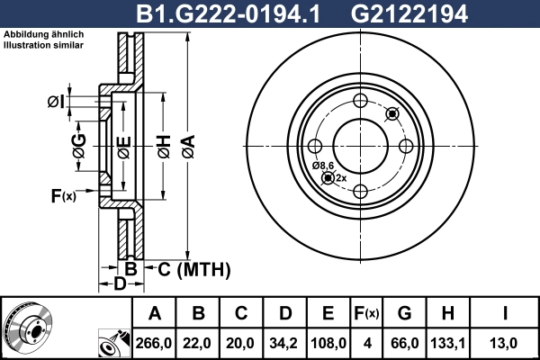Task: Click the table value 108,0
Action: pyautogui.click(x=328, y=342)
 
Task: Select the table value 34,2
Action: pyautogui.click(x=284, y=342)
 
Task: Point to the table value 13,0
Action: pyautogui.click(x=506, y=342)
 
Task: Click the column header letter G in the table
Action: pyautogui.click(x=404, y=314)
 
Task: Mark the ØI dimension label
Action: pyautogui.click(x=56, y=102)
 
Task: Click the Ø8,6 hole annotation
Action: pyautogui.click(x=323, y=166)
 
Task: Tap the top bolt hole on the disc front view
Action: pyautogui.click(x=360, y=101)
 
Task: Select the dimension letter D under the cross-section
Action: pyautogui.click(x=120, y=285)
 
